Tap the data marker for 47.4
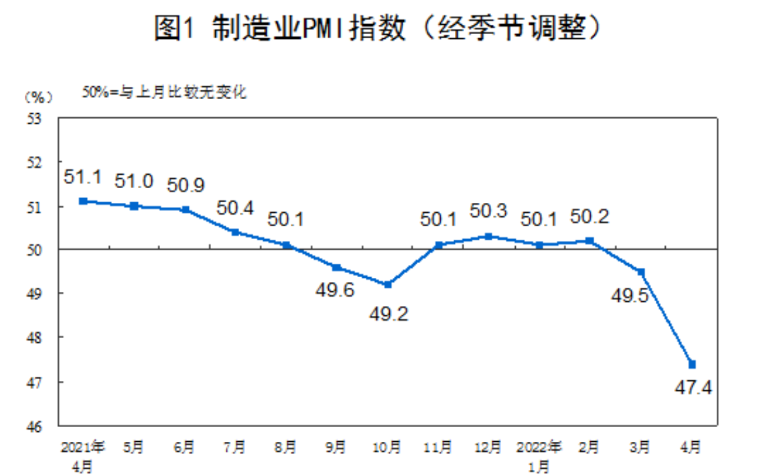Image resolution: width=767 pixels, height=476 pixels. (691, 364)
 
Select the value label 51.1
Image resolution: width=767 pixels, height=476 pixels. (82, 177)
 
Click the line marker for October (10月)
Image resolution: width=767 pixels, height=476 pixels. (388, 285)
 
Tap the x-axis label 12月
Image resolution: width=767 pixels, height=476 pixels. (488, 447)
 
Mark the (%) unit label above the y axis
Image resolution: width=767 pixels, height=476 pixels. (38, 97)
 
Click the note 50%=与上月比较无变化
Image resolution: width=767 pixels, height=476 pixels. (164, 92)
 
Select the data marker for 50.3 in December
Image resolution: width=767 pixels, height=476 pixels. (488, 236)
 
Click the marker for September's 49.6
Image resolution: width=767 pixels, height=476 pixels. (337, 268)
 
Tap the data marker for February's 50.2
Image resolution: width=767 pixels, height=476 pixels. (590, 240)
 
